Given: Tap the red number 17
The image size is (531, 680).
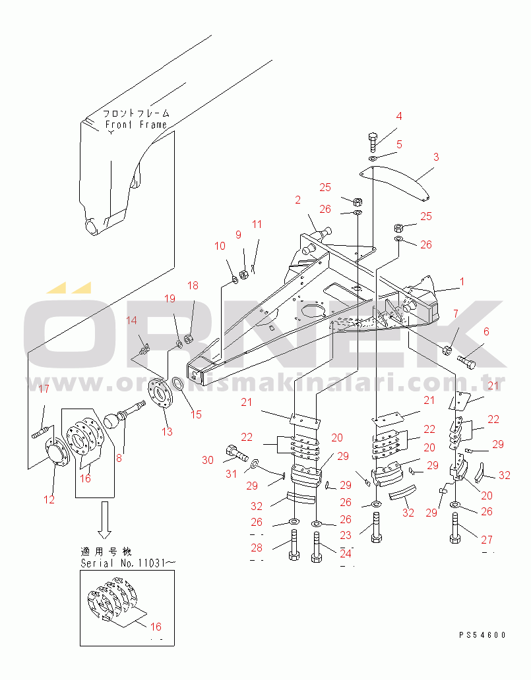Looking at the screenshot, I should click(x=43, y=389).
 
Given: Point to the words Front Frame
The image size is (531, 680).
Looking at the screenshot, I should click(x=135, y=125).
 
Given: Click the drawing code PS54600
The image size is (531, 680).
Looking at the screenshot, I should click(x=483, y=635).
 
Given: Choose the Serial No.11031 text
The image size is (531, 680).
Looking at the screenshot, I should click(x=128, y=563).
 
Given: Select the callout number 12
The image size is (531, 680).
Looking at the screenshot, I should click(x=49, y=499).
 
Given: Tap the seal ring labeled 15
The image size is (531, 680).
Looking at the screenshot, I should click(x=177, y=383).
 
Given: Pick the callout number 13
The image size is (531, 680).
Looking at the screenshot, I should click(x=167, y=432).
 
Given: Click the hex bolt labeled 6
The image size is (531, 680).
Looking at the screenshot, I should click(x=467, y=360).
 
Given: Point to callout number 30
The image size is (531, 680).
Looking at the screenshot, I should click(x=208, y=460).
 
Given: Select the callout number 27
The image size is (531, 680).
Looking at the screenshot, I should click(x=487, y=540).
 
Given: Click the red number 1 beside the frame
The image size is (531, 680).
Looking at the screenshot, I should click(x=462, y=281).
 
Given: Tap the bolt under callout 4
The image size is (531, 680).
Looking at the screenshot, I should click(x=372, y=142).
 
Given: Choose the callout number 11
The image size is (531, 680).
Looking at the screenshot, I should click(x=257, y=225).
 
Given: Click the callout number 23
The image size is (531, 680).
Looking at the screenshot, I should click(x=346, y=536).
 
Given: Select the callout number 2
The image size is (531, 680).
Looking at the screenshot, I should click(x=297, y=200).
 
